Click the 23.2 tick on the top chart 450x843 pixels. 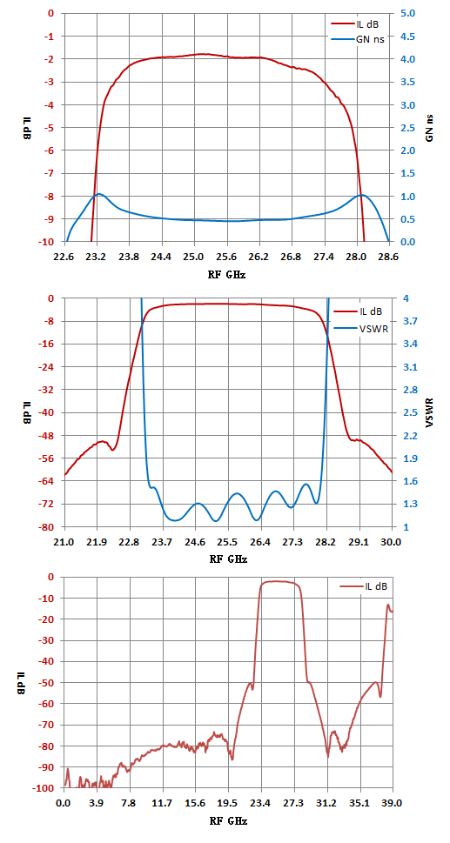point(97,257)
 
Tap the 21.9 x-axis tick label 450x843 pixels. point(97,542)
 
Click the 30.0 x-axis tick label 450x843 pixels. point(392,542)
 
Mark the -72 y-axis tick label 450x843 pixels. point(46,504)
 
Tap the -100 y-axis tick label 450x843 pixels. point(44,788)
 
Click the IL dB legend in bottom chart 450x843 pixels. point(363,586)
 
